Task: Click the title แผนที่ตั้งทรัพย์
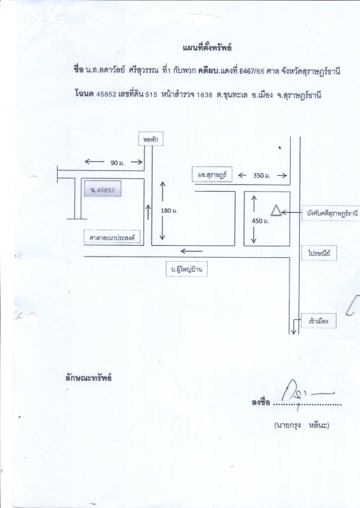tap(207, 48)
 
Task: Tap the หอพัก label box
tap(150, 139)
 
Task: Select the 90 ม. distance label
tap(117, 163)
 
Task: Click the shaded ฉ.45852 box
tap(103, 189)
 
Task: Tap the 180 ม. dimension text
tap(169, 211)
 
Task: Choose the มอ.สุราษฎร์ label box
tap(212, 174)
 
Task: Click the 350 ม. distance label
tap(262, 176)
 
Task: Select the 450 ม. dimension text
tap(260, 221)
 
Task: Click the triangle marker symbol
tap(276, 211)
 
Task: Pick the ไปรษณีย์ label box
tap(319, 253)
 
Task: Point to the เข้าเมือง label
tap(319, 321)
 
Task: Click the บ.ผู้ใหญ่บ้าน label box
tap(187, 269)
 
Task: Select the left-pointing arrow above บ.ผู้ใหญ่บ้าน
tap(192, 251)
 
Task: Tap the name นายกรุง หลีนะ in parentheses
tap(302, 425)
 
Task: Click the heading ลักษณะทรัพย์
tap(88, 378)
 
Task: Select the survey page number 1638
tap(205, 95)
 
